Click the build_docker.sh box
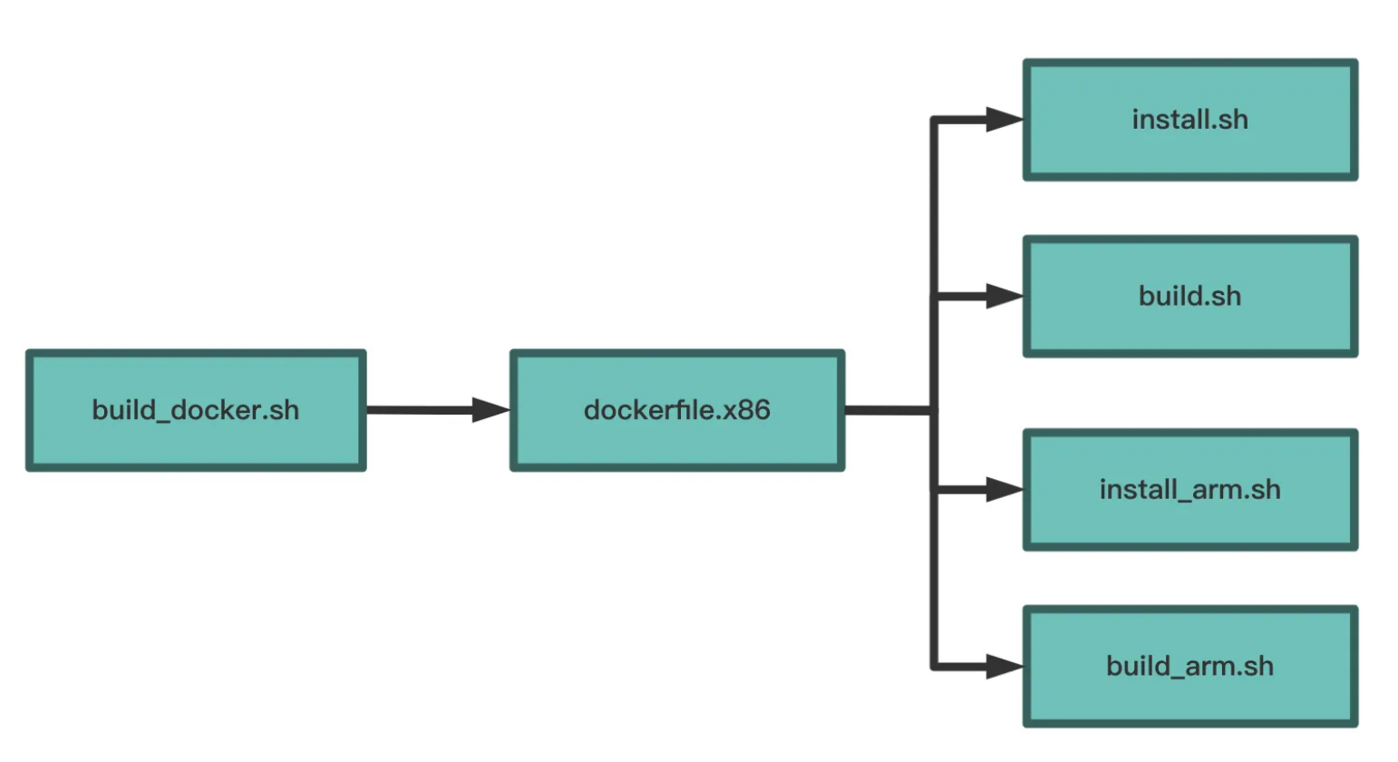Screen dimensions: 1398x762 196,410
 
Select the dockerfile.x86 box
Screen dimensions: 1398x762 677,410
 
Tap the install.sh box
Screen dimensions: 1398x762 1190,120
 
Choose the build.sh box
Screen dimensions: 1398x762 1190,297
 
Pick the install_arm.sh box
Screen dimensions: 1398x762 1190,490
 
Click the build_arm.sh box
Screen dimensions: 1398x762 1190,667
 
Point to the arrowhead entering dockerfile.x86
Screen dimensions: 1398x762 491,410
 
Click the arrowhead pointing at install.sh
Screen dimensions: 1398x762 1005,120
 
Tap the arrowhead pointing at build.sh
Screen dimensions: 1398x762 1005,297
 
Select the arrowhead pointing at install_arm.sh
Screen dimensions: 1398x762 1005,490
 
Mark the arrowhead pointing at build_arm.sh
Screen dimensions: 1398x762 1005,667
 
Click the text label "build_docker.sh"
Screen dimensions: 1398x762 196,411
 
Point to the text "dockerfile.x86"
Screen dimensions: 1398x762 677,410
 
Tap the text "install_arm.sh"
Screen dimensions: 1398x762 1190,490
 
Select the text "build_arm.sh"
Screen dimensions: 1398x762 1190,667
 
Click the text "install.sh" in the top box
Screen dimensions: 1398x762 1190,120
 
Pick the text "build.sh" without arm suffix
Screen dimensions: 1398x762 1190,297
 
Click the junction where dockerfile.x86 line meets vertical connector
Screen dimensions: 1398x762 934,410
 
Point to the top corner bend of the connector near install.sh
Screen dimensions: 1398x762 934,120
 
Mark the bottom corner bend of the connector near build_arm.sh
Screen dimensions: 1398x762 934,667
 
